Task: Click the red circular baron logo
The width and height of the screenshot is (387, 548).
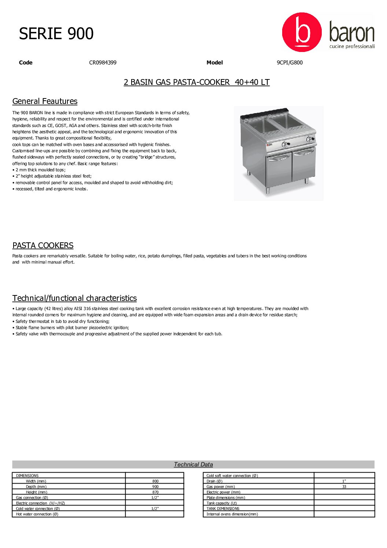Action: (x=302, y=32)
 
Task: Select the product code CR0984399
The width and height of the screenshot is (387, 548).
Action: (x=103, y=63)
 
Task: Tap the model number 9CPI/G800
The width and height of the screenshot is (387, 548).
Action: (x=290, y=63)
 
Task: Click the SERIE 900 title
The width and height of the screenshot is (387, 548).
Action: (x=56, y=34)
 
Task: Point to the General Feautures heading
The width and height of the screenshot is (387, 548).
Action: (x=45, y=101)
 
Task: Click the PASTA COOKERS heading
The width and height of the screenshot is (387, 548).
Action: (x=43, y=246)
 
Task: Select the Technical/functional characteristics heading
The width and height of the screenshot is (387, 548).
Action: (x=74, y=298)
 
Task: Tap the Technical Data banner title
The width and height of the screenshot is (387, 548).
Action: (x=193, y=465)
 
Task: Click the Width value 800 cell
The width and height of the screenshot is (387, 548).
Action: (x=155, y=481)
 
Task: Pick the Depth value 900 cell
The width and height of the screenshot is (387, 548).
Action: (x=155, y=487)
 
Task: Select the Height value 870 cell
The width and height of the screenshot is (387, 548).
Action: (x=155, y=492)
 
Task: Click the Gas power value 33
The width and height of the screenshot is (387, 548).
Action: (x=344, y=487)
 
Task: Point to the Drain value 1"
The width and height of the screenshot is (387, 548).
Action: (x=344, y=481)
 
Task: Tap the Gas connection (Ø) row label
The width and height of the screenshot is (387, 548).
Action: (x=32, y=498)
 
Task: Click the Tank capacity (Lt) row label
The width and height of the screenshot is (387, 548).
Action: (x=221, y=503)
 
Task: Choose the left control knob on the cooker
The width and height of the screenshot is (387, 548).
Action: (x=284, y=144)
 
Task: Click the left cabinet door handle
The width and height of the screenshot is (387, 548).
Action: (x=279, y=158)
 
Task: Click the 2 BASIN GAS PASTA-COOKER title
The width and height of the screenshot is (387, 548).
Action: (x=196, y=82)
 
